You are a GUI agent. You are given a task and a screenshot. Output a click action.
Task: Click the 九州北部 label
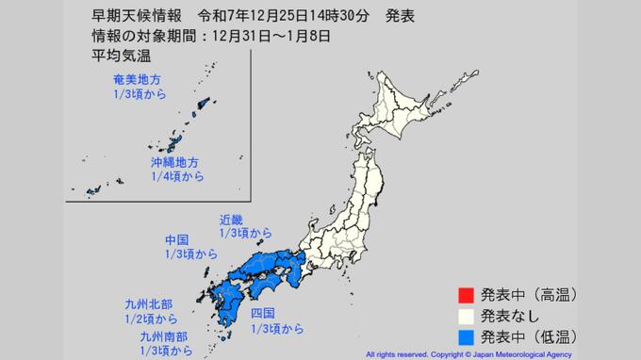150,303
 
